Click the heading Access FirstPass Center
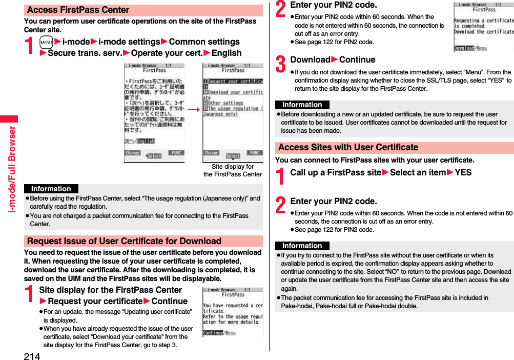pyautogui.click(x=78, y=10)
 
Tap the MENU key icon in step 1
pyautogui.click(x=46, y=42)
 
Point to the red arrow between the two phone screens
pyautogui.click(x=193, y=110)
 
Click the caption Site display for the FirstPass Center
pyautogui.click(x=232, y=170)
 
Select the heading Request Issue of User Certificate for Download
pyautogui.click(x=124, y=241)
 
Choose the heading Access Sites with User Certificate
pyautogui.click(x=348, y=148)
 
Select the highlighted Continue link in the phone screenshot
pyautogui.click(x=213, y=333)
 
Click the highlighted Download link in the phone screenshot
pyautogui.click(x=464, y=48)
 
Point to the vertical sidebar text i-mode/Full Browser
pyautogui.click(x=11, y=169)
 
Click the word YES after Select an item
pyautogui.click(x=463, y=173)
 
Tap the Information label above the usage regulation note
pyautogui.click(x=51, y=189)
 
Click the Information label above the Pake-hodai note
pyautogui.click(x=302, y=246)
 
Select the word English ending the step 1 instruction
pyautogui.click(x=227, y=53)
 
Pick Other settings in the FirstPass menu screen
pyautogui.click(x=225, y=103)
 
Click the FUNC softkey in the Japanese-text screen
pyautogui.click(x=175, y=153)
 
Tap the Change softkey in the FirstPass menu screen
pyautogui.click(x=212, y=153)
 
